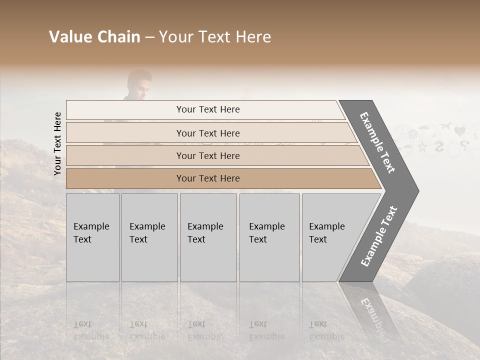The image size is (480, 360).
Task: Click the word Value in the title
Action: (x=69, y=37)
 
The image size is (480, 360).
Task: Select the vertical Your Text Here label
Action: (x=57, y=144)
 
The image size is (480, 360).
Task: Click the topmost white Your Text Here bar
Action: (x=207, y=109)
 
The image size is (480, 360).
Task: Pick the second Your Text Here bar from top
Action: (x=207, y=133)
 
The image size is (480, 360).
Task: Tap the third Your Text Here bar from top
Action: (x=207, y=155)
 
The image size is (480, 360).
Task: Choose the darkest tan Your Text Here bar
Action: (x=207, y=178)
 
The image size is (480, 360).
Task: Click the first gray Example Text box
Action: (x=92, y=237)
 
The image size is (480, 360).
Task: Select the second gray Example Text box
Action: (x=149, y=237)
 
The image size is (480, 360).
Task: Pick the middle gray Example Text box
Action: (x=208, y=237)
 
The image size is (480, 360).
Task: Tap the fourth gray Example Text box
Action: (x=269, y=237)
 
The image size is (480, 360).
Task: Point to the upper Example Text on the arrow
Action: (x=378, y=142)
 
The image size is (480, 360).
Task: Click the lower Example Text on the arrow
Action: (x=378, y=236)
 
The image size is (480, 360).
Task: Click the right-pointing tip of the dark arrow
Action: (x=416, y=190)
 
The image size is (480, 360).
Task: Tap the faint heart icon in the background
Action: (x=460, y=131)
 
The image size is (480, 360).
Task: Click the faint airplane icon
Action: (x=446, y=125)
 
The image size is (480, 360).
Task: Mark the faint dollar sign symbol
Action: (x=439, y=146)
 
